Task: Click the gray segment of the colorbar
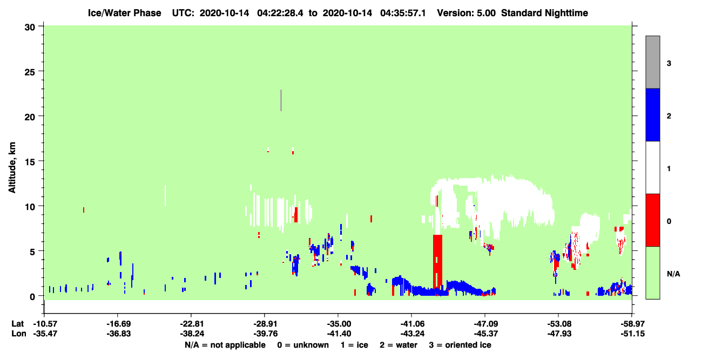coord(652,62)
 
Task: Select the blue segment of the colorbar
coord(652,114)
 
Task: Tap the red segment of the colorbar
coord(652,220)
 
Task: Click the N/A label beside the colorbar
coord(673,274)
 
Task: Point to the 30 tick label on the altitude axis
coord(30,28)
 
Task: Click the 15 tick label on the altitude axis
coord(30,162)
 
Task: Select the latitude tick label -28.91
coord(264,324)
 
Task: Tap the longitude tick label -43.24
coord(412,334)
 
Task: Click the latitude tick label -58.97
coord(632,324)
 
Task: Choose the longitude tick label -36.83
coord(118,334)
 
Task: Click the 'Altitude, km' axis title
coord(12,167)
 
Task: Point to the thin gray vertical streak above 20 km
coord(281,100)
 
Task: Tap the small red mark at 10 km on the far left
coord(83,209)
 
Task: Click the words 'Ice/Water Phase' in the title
coord(124,13)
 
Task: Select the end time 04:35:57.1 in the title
coord(403,13)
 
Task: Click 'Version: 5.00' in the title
coord(467,13)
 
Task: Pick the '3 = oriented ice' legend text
coord(460,345)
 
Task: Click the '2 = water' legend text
coord(399,345)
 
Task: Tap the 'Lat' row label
coord(18,324)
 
